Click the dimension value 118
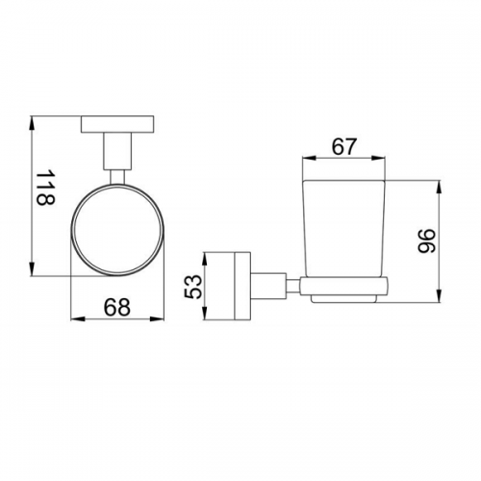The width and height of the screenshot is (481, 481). pyautogui.click(x=46, y=188)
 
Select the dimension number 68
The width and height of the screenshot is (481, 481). pyautogui.click(x=117, y=307)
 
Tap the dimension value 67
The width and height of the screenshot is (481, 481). pyautogui.click(x=343, y=147)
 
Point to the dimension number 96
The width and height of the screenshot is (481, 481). pyautogui.click(x=427, y=240)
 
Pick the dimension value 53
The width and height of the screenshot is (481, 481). pyautogui.click(x=194, y=287)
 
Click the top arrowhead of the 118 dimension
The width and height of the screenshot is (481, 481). pyautogui.click(x=32, y=123)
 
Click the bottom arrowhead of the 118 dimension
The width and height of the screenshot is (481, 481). pyautogui.click(x=32, y=268)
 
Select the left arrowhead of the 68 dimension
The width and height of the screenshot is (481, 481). pyautogui.click(x=78, y=319)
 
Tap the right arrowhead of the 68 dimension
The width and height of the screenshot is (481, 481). pyautogui.click(x=157, y=319)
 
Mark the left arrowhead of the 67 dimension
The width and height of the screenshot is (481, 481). pyautogui.click(x=310, y=158)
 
